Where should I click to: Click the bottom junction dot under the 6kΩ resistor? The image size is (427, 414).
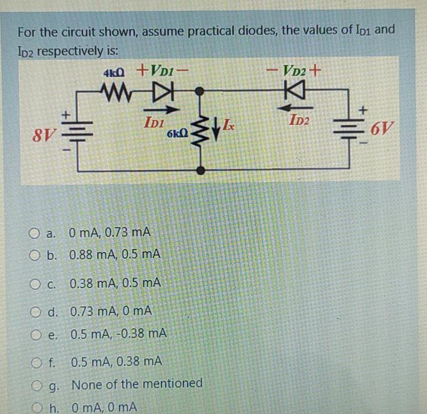[x=200, y=170]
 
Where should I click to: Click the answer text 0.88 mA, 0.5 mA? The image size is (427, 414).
[x=115, y=254]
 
